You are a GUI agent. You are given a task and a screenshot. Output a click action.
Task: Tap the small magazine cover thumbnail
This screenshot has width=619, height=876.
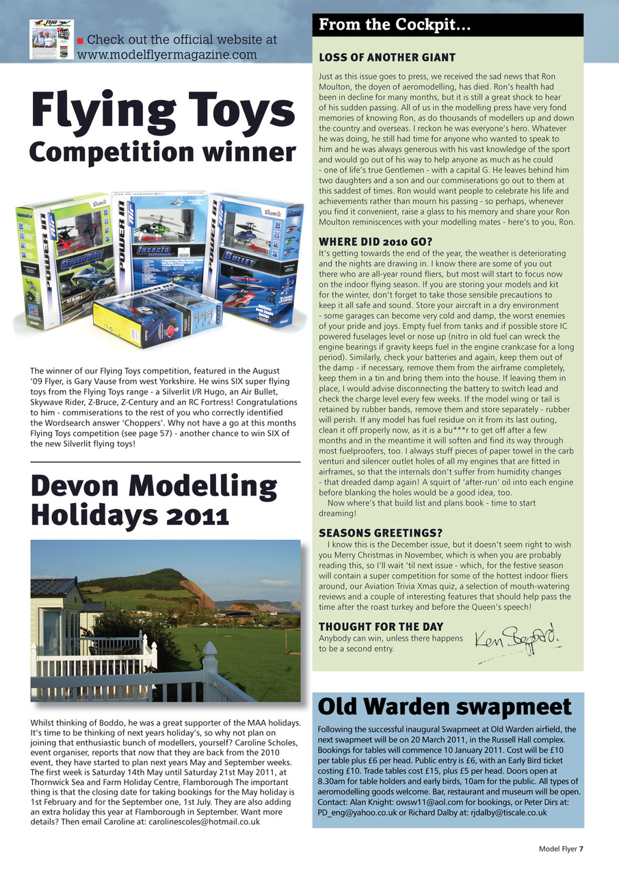click(x=50, y=39)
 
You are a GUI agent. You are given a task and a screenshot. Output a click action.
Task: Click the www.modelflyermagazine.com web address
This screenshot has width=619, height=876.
click(x=168, y=55)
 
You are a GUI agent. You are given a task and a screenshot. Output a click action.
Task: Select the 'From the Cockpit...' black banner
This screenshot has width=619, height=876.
click(x=447, y=25)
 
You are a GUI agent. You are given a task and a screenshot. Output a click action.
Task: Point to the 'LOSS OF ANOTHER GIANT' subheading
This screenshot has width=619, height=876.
click(x=387, y=57)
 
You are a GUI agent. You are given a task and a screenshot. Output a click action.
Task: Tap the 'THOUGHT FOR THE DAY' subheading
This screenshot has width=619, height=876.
click(x=381, y=627)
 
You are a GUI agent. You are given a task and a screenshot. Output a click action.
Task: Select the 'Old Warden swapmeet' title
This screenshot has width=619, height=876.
click(x=445, y=706)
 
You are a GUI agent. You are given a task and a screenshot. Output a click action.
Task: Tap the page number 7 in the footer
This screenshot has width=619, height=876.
click(x=581, y=849)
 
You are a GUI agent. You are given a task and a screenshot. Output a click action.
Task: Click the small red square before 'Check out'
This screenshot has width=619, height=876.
click(x=80, y=40)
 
